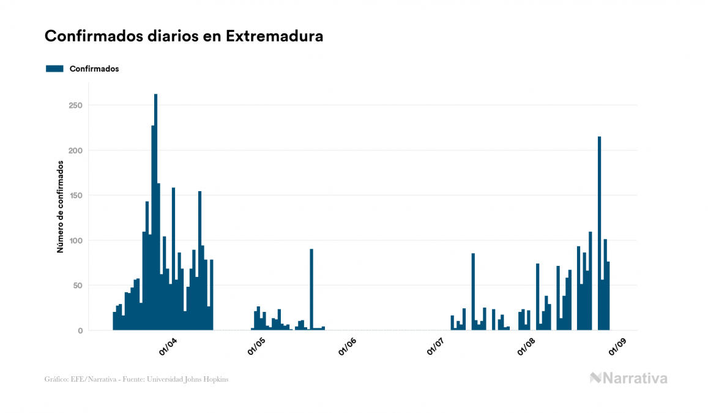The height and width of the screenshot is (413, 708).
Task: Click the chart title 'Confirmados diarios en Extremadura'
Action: [184, 36]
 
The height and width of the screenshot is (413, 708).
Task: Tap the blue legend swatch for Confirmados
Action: [54, 69]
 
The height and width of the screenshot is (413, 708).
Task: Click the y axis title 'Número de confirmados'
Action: [61, 206]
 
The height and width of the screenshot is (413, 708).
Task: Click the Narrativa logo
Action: [628, 378]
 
